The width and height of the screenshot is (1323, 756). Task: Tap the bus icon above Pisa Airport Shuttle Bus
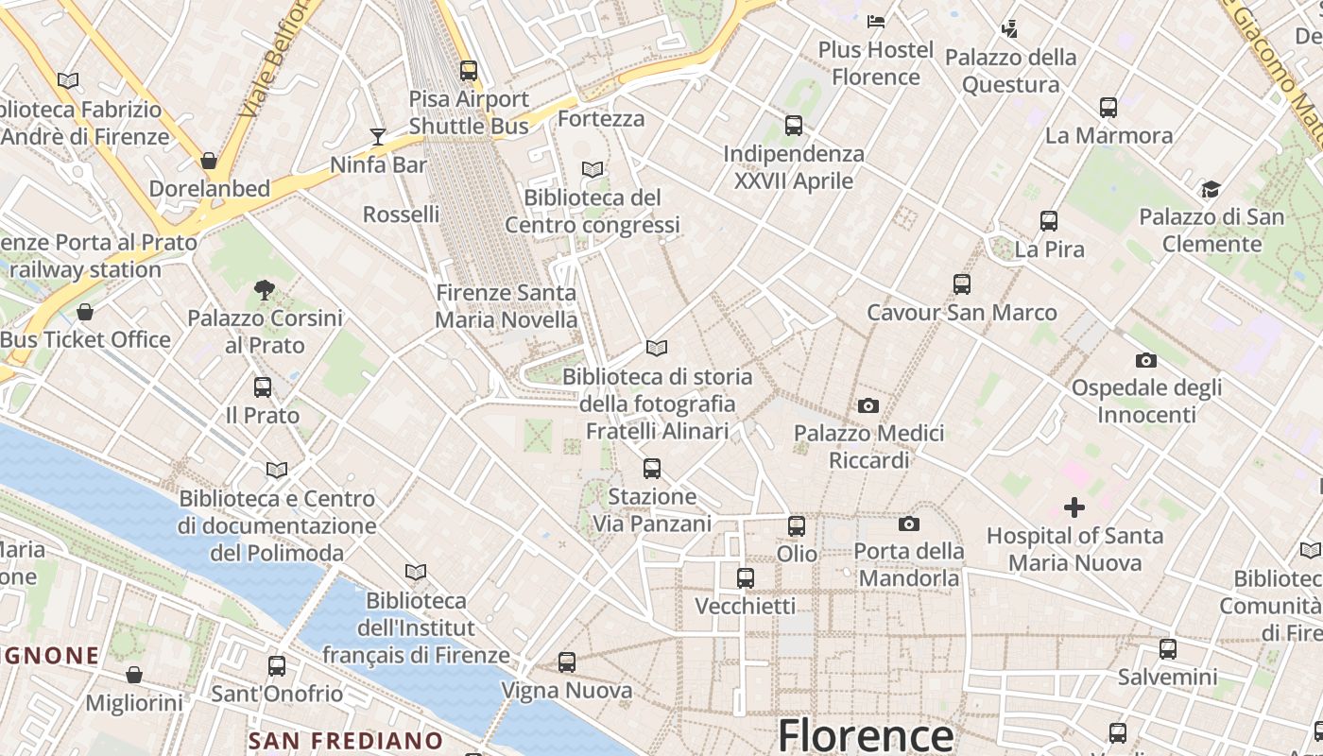point(468,71)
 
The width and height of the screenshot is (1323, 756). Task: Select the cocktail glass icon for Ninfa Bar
point(378,137)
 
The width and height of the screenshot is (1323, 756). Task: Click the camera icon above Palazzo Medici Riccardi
point(868,406)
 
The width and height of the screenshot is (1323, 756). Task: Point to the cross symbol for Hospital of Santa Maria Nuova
point(1074,508)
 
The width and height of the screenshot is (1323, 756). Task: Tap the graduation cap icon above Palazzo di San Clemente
point(1211,190)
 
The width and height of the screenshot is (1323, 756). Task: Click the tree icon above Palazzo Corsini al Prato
point(265,290)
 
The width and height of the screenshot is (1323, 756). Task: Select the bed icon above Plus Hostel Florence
point(876,21)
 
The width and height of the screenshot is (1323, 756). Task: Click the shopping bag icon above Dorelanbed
point(209,161)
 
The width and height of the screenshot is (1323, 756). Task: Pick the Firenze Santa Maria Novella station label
point(506,306)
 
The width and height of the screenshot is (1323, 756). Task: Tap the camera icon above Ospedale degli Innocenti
point(1145,360)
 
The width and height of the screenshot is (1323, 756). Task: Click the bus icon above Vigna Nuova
point(566,662)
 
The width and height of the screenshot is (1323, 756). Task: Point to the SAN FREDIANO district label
point(345,740)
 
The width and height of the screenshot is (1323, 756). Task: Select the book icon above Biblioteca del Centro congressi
point(593,170)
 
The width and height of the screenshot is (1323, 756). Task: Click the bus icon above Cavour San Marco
point(961,284)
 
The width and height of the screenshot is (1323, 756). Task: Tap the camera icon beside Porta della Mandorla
point(908,524)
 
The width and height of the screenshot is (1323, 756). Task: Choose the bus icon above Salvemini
point(1167,649)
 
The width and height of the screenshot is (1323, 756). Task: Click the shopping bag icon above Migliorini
point(134,675)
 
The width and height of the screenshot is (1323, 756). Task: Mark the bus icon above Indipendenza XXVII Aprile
point(794,126)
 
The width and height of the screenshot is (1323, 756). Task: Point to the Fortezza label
point(601,119)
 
